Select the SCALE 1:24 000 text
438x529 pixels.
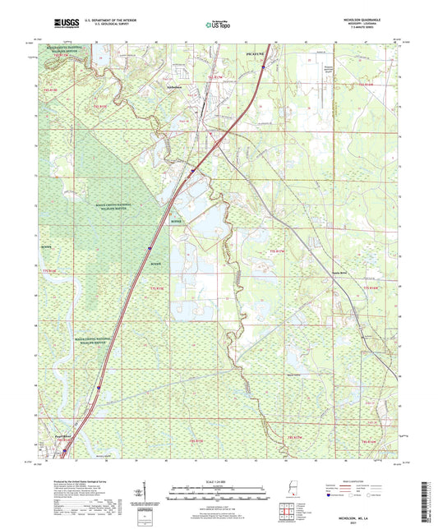pos(218,480)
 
